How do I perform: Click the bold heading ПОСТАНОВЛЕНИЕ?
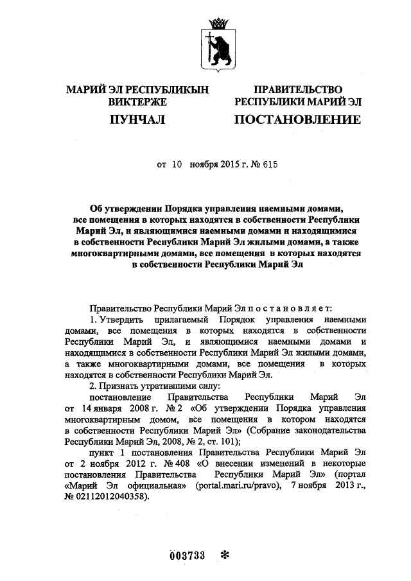(x=297, y=119)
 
